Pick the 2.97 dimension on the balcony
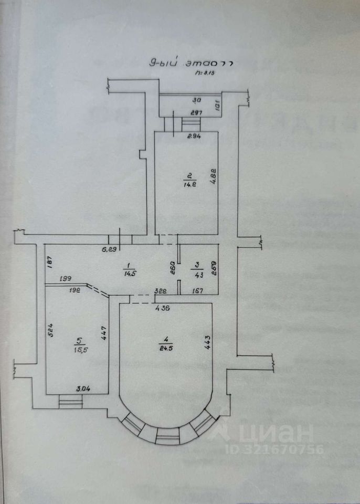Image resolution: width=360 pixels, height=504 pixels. pyautogui.click(x=183, y=113)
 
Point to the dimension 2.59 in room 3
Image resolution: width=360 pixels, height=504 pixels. pyautogui.click(x=213, y=269)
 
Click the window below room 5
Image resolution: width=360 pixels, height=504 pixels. pyautogui.click(x=70, y=402)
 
